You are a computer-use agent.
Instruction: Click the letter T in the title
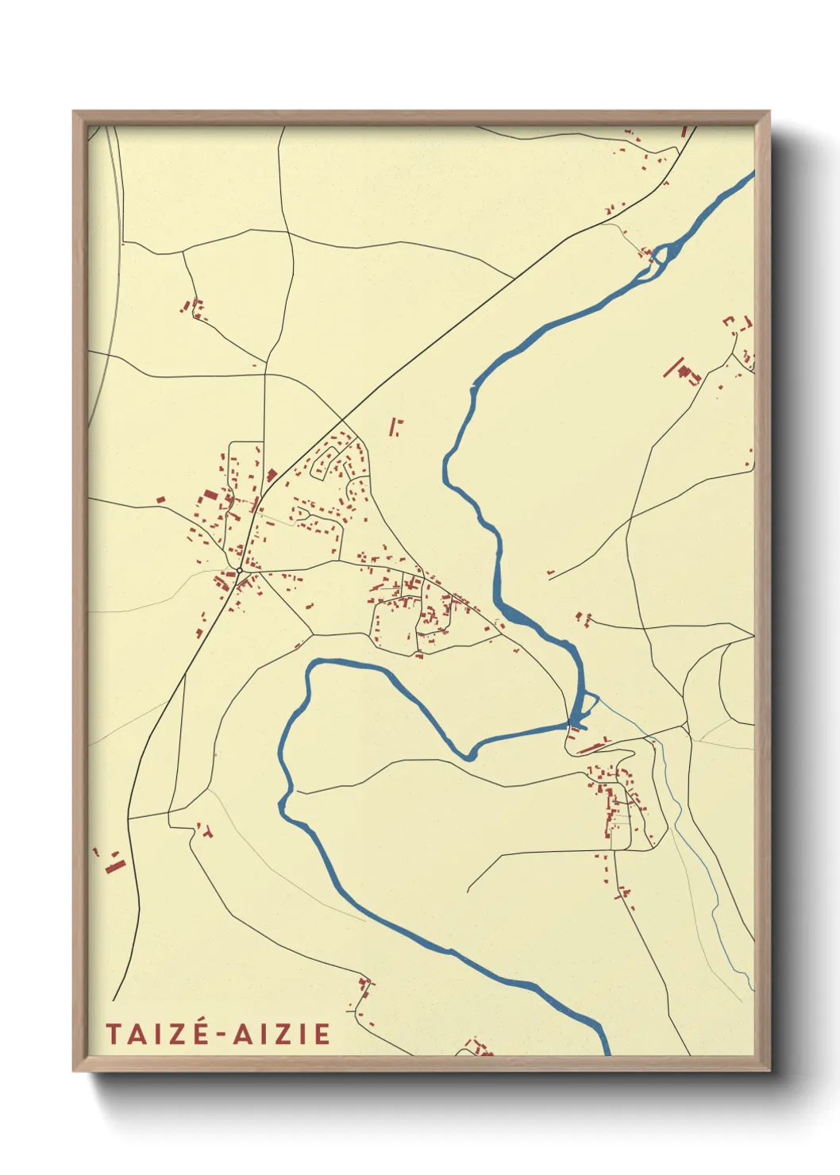click(113, 1034)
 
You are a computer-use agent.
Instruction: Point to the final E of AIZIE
click(322, 1034)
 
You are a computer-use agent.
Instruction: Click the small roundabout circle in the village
click(239, 570)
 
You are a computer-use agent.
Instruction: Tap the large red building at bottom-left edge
click(115, 864)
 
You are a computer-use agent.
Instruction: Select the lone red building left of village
click(160, 499)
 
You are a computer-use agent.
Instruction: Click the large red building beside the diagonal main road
click(271, 476)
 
